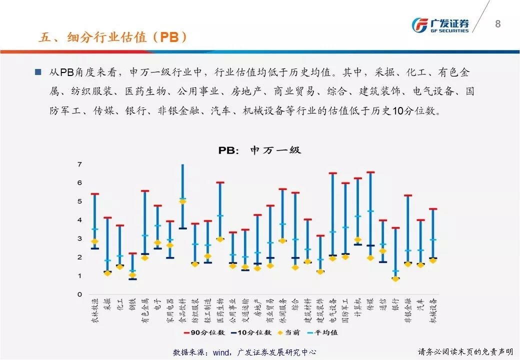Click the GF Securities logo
pyautogui.click(x=440, y=25)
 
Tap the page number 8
pyautogui.click(x=497, y=23)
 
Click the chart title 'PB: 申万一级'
pyautogui.click(x=259, y=150)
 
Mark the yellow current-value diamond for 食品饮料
pyautogui.click(x=182, y=201)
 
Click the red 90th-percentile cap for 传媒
pyautogui.click(x=370, y=172)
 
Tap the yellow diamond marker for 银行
pyautogui.click(x=395, y=279)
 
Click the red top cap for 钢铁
pyautogui.click(x=132, y=253)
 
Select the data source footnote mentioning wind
pyautogui.click(x=244, y=352)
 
